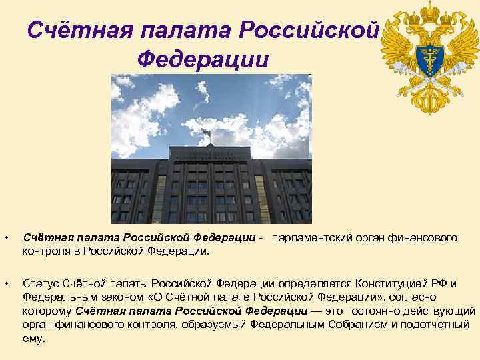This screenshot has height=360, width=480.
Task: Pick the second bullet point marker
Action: point(6,285)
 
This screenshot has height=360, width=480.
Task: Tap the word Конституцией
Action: point(396,285)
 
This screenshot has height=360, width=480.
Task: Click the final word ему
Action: point(34,338)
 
